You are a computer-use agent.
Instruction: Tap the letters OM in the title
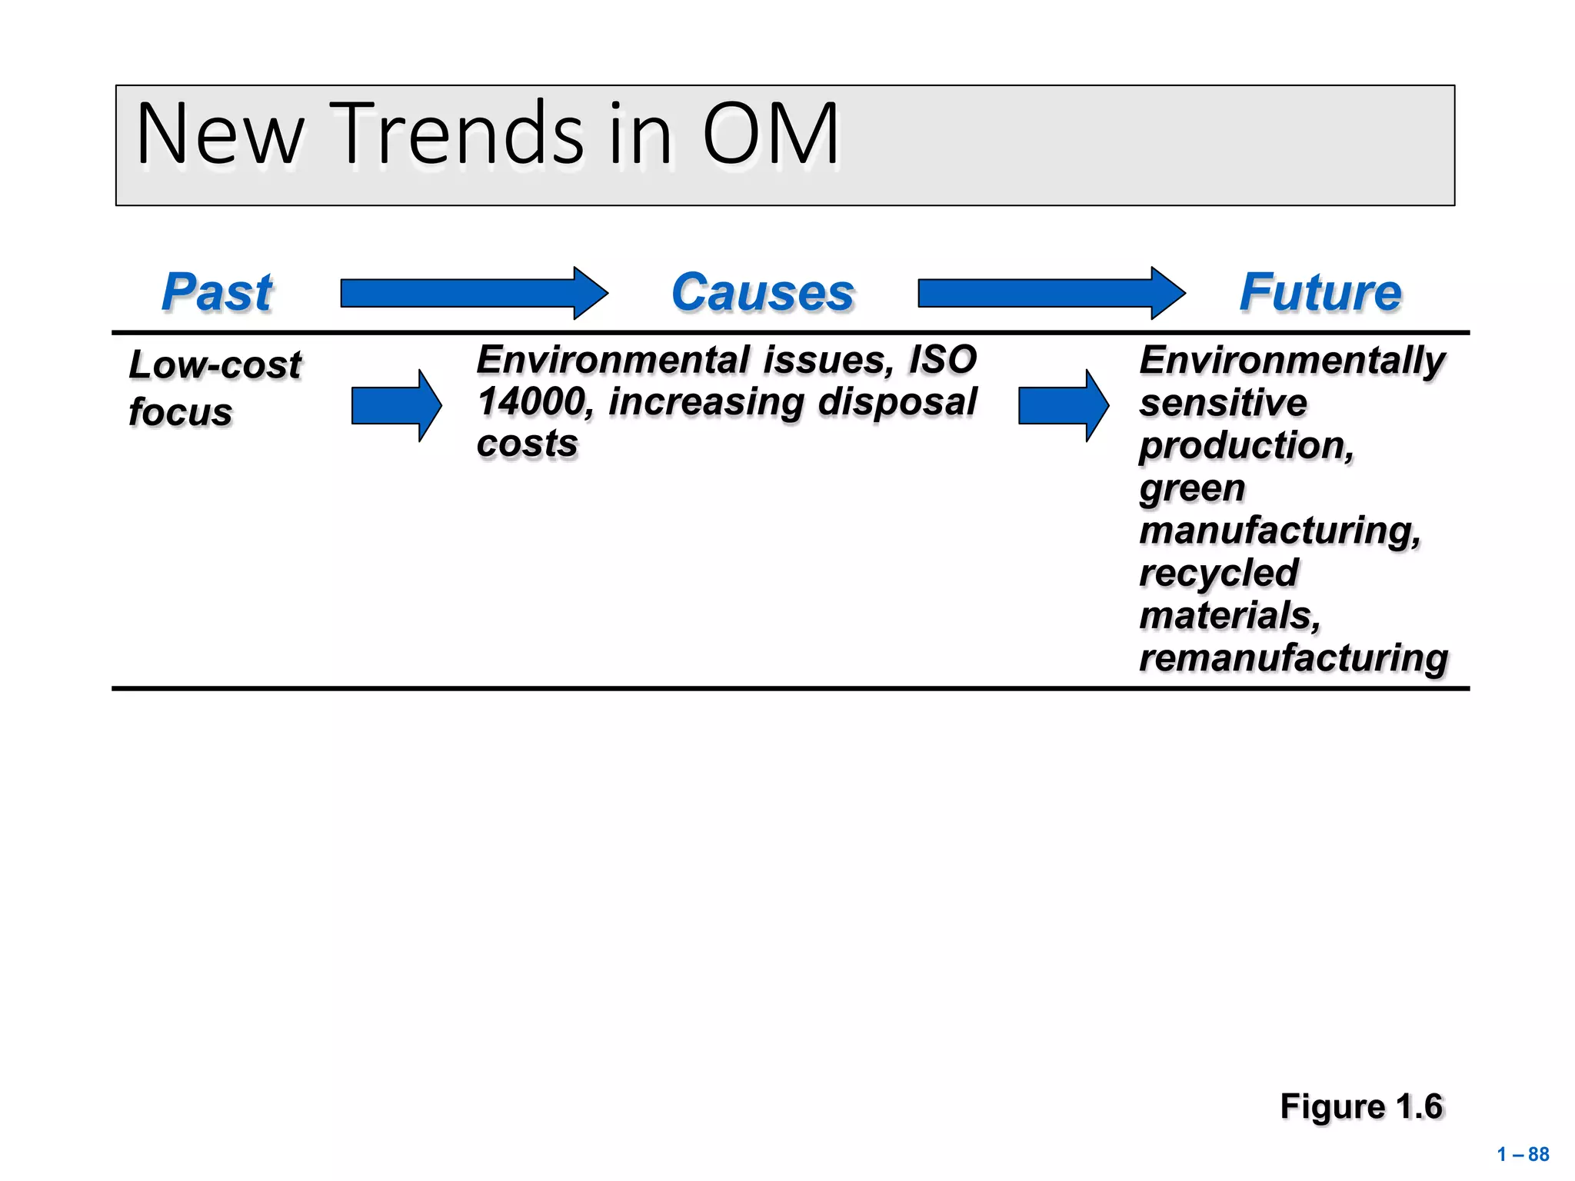click(x=770, y=135)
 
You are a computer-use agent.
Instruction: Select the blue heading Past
click(x=217, y=293)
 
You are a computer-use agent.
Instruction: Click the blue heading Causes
click(x=763, y=293)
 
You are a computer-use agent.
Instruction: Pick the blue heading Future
click(x=1320, y=293)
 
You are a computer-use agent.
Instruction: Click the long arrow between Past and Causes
click(x=473, y=293)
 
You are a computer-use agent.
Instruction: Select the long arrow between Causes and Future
click(x=1051, y=293)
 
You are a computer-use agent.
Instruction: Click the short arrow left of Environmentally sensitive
click(x=1062, y=405)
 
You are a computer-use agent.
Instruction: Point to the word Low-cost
click(x=215, y=364)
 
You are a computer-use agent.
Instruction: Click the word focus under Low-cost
click(x=180, y=412)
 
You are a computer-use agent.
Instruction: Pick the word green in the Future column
click(x=1191, y=488)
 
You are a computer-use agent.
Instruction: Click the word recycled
click(x=1218, y=573)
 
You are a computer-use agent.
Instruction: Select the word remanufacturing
click(x=1293, y=658)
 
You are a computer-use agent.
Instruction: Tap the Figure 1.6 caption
click(x=1361, y=1106)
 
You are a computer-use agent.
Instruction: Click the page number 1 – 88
click(x=1523, y=1154)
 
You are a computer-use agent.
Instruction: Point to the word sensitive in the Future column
click(x=1223, y=403)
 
